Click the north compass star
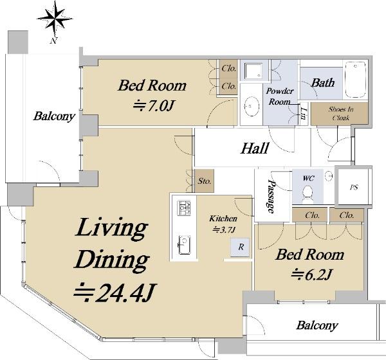[55, 18]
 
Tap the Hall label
[255, 148]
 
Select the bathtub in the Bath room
[356, 80]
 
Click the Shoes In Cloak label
[341, 113]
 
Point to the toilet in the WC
[308, 194]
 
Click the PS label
[354, 187]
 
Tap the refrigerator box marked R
[240, 247]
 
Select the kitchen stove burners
[185, 208]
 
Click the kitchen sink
[185, 246]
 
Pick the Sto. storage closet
[205, 181]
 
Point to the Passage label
[271, 196]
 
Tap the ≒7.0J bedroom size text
[154, 106]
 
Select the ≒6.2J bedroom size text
[311, 275]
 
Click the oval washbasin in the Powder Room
[252, 106]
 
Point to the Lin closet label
[304, 113]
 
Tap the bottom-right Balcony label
[317, 325]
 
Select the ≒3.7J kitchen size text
[224, 230]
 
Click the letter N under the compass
[53, 41]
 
